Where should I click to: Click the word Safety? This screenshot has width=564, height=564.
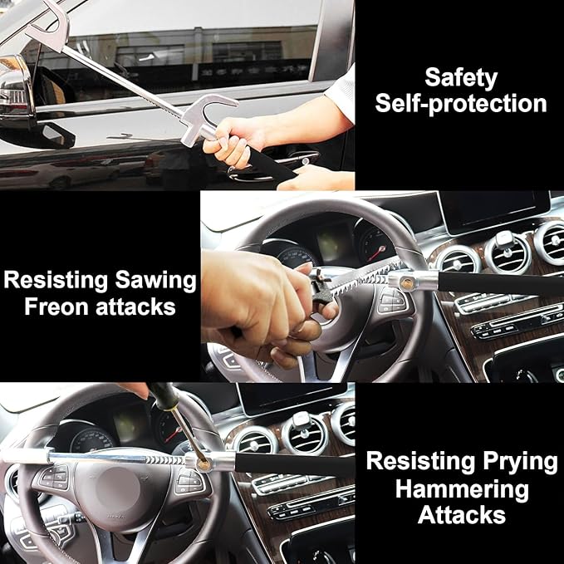pyautogui.click(x=460, y=78)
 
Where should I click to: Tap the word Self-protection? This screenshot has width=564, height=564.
pyautogui.click(x=460, y=104)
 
